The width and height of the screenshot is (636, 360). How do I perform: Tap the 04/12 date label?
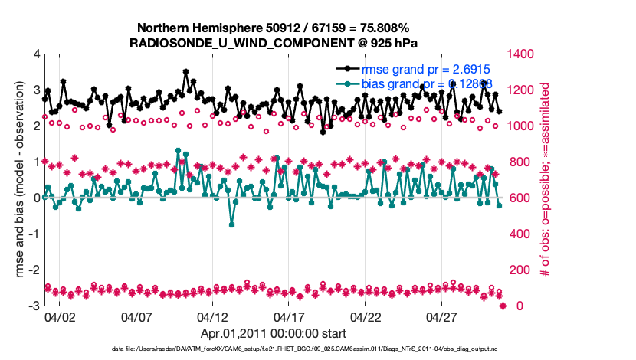point(213,316)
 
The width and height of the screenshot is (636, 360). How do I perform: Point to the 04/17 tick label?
point(290,316)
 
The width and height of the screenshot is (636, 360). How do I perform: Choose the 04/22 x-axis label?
point(366,316)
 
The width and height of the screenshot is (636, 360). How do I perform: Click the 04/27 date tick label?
point(443,316)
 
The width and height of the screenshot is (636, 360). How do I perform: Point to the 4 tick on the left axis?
point(36,54)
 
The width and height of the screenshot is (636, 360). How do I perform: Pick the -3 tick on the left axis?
point(34,306)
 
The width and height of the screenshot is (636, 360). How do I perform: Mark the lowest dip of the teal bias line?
point(231,224)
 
